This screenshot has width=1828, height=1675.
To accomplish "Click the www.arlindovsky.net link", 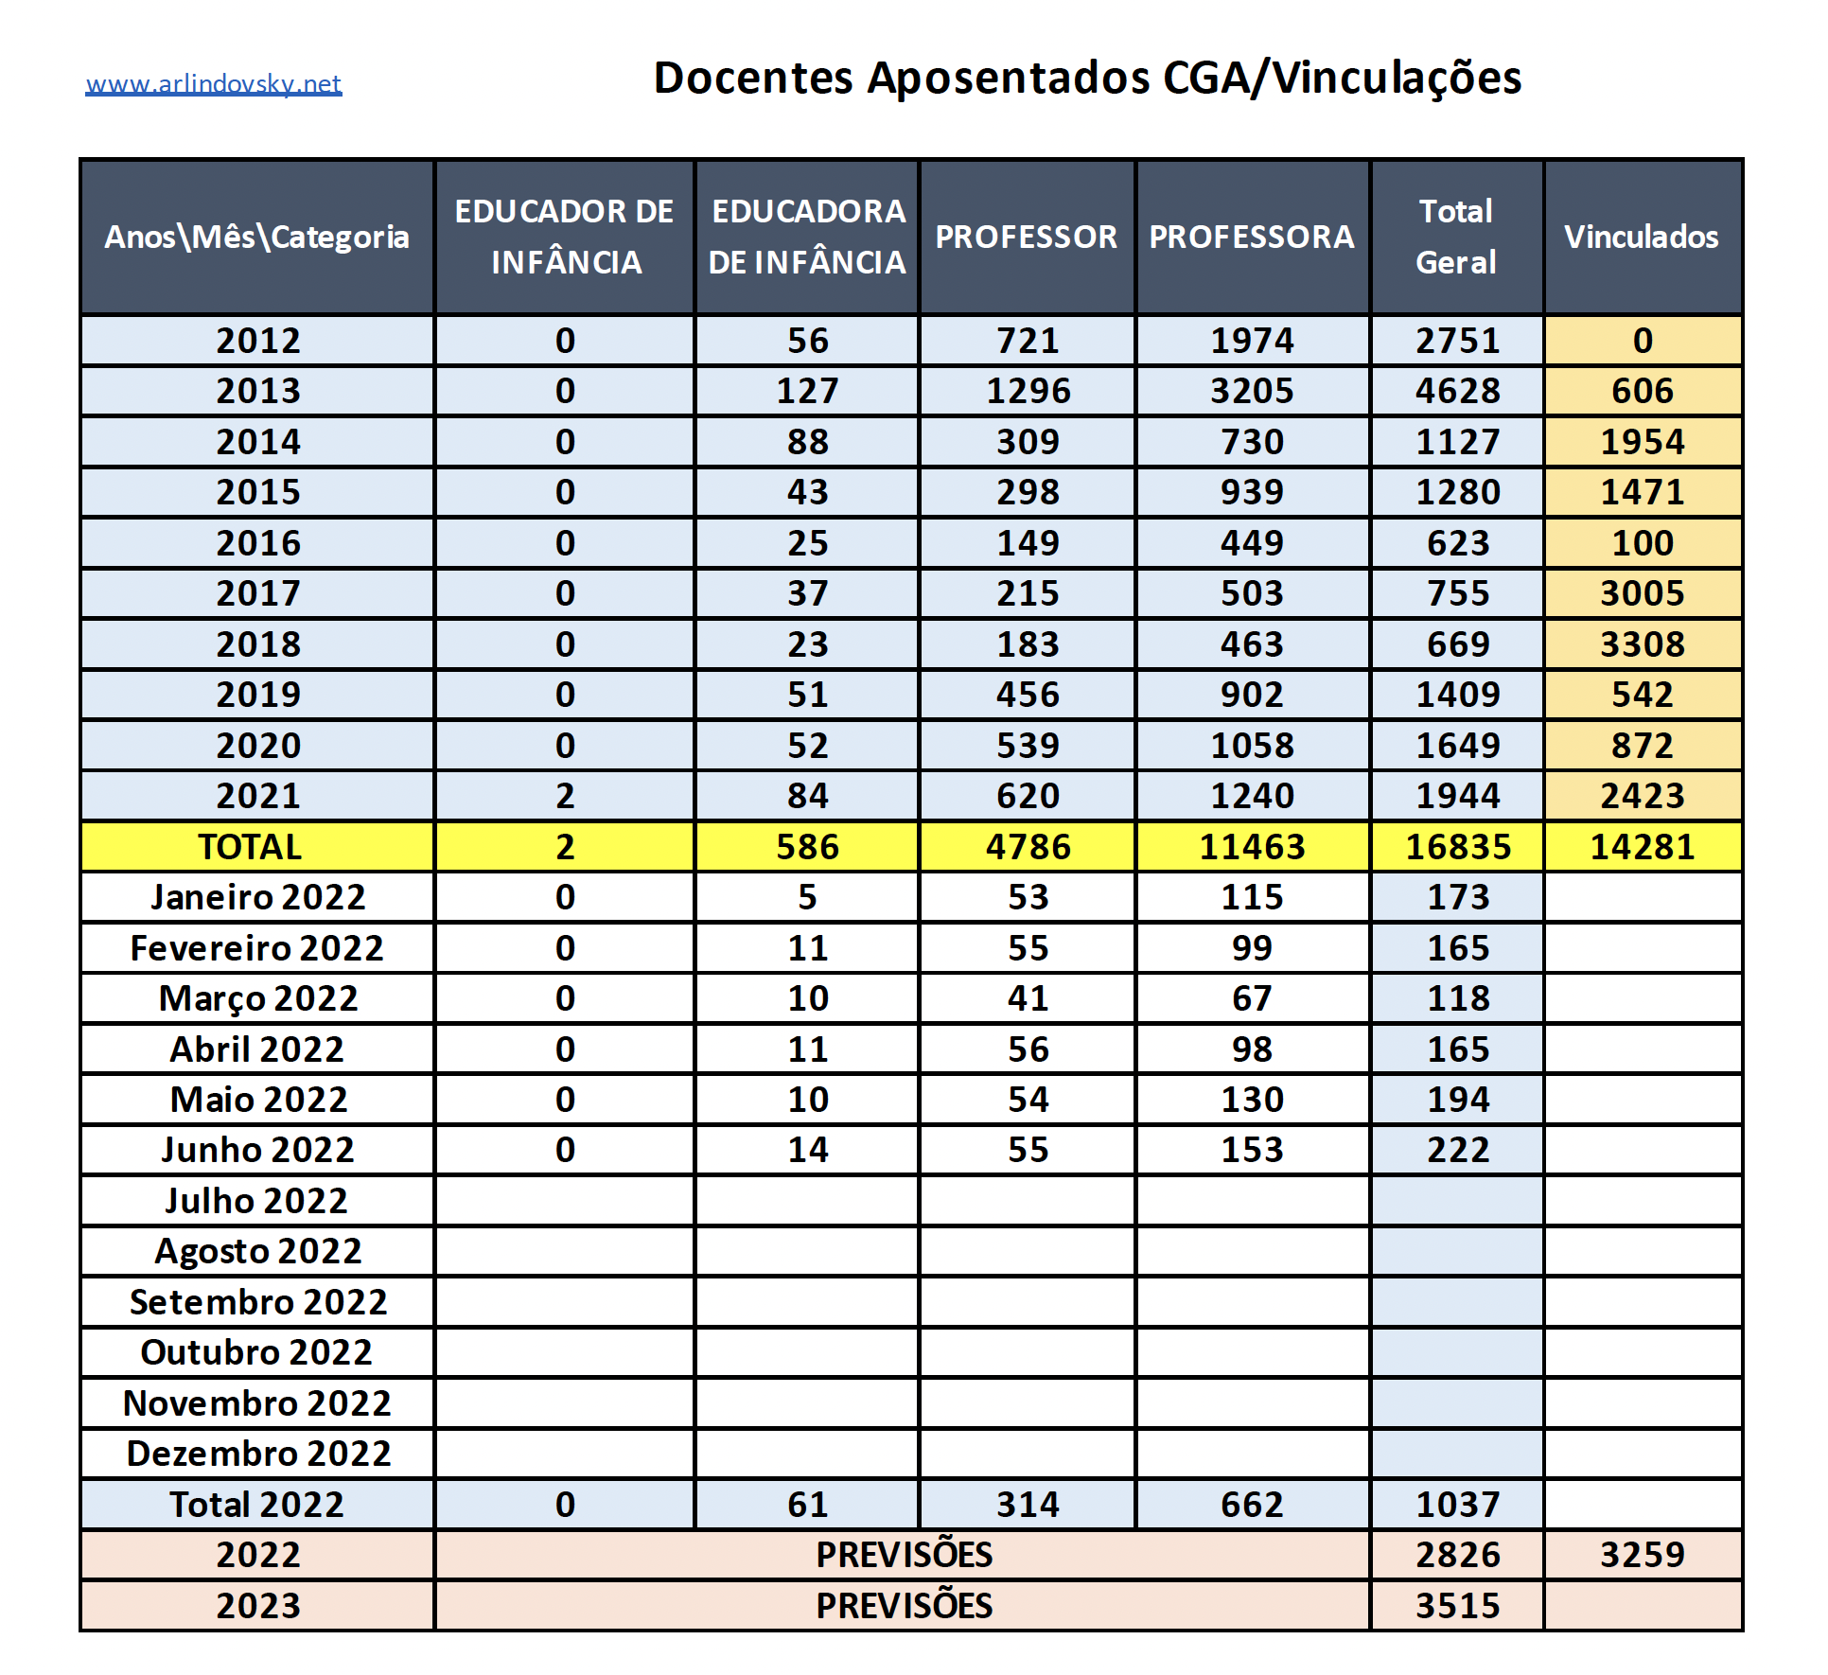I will point(213,84).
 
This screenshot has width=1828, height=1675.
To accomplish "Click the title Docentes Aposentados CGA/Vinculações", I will point(1087,78).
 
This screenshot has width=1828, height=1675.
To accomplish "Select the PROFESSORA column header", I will point(1251,237).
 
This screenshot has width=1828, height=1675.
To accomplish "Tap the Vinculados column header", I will point(1641,237).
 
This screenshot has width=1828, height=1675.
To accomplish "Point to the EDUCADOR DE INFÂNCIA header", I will point(565,237).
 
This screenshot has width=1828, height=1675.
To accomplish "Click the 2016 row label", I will point(257,543).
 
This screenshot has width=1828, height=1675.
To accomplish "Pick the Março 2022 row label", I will point(257,998).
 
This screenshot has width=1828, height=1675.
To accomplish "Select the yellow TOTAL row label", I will point(250,847).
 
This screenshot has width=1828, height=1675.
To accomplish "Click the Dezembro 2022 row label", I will point(257,1454).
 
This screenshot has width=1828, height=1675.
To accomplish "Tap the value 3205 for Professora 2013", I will point(1251,391).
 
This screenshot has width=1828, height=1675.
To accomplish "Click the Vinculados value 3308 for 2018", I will point(1642,644).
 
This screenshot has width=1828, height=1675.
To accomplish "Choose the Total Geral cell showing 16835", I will point(1457,847).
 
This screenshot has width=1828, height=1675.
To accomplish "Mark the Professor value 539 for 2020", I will point(1028,746).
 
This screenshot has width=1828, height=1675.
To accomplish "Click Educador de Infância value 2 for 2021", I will point(565,796).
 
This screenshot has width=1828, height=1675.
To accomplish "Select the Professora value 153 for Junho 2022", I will point(1251,1150).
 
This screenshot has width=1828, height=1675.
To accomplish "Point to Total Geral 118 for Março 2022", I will point(1457,998).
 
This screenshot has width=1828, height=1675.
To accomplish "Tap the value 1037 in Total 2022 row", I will point(1457,1505).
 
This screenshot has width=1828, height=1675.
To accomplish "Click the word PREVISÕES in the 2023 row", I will point(904,1606).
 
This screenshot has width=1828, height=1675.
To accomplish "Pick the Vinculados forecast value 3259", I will point(1642,1555).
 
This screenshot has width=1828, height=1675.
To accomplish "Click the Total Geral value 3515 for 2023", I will point(1457,1606).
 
